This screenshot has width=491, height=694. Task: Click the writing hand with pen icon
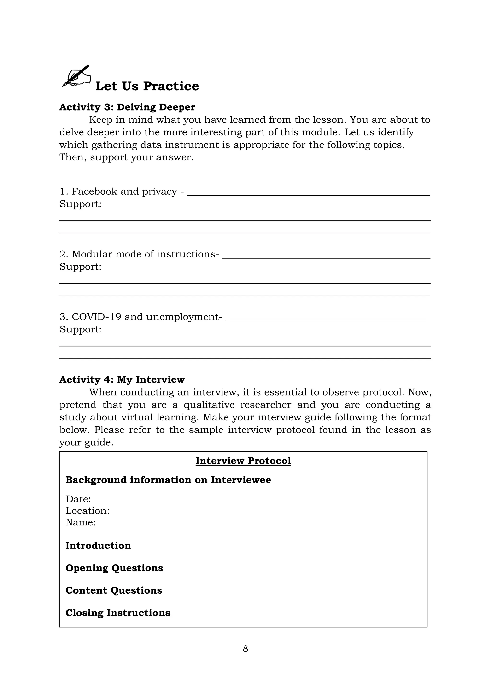click(x=76, y=76)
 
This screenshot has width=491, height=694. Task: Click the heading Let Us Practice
click(x=147, y=86)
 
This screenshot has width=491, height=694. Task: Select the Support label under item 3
click(x=80, y=329)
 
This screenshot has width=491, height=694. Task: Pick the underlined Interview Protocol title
click(x=243, y=461)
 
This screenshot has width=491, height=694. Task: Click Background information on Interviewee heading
click(x=168, y=480)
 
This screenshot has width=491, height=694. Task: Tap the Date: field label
click(x=78, y=499)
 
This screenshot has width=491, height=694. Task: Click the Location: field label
click(x=87, y=511)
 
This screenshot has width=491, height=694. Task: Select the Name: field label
click(x=80, y=522)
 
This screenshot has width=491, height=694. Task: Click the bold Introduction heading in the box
click(x=98, y=546)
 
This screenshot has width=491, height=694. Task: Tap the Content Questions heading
click(x=114, y=590)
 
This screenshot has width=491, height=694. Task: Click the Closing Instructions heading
click(x=118, y=613)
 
